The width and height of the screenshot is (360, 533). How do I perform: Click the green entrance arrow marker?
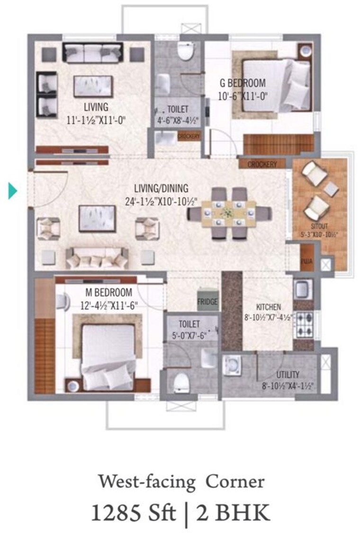[x=13, y=191]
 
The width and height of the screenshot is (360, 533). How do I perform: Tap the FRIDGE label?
[x=207, y=302]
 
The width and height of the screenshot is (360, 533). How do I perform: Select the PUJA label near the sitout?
[x=306, y=261]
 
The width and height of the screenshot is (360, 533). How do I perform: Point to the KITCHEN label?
[x=269, y=306]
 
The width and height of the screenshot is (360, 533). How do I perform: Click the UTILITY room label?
[x=288, y=375]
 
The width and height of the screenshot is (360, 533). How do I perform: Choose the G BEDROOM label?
[x=243, y=83]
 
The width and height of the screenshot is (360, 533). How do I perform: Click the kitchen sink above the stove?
[x=303, y=289]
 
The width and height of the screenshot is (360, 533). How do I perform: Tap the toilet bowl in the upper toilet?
[x=185, y=51]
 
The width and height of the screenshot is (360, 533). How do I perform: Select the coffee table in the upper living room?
[x=93, y=86]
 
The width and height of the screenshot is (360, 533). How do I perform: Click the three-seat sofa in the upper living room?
[x=92, y=53]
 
